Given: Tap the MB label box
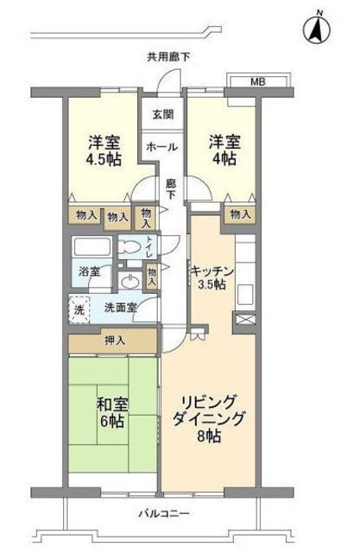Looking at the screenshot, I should pos(258,82).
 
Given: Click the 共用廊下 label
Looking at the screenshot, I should pos(168,57).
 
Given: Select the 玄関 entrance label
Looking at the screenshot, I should pos(163,114).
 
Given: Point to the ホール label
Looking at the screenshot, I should pos(161,146).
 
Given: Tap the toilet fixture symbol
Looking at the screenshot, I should pos(129,245).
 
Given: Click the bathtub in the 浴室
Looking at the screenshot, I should pos(92,245).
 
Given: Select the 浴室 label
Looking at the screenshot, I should pos(91,271).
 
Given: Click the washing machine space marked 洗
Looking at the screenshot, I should pos(79,309).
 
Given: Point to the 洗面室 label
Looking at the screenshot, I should pos(120,308).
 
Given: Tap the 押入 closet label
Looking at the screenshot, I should pos(115,340).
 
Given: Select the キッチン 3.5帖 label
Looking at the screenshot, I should pos(210,276).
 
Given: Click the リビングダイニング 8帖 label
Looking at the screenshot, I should pos(212,416).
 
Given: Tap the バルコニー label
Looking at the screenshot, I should pos(163,515).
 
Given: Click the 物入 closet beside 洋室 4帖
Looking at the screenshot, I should pos(240,214).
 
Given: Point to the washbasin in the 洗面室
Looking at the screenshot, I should pos(130,281).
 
